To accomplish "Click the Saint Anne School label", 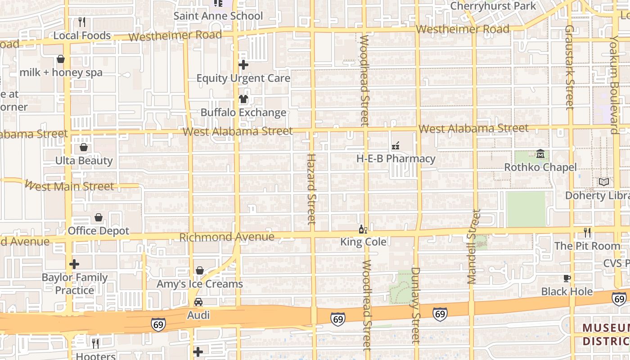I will [218, 16].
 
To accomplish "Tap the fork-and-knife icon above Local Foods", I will [82, 22].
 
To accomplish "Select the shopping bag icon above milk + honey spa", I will [61, 59].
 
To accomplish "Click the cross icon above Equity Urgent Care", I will [243, 65].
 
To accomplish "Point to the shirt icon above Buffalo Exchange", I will [243, 99].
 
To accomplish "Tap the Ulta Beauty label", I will [84, 161].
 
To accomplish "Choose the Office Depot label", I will [98, 231].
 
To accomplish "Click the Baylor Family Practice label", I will [75, 283].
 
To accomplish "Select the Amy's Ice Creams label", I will [199, 284].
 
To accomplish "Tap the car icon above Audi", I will [198, 302].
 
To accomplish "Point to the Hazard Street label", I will [311, 189].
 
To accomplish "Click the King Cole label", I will [363, 242].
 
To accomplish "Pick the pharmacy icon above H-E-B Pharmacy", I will [396, 145].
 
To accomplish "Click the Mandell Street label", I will [472, 247].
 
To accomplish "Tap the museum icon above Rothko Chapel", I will [540, 154].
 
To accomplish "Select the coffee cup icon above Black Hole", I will [567, 278].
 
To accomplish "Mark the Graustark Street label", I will [570, 67].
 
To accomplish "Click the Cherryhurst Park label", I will [493, 6].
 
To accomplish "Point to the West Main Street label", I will [69, 186].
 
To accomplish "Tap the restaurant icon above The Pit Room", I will [587, 233].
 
